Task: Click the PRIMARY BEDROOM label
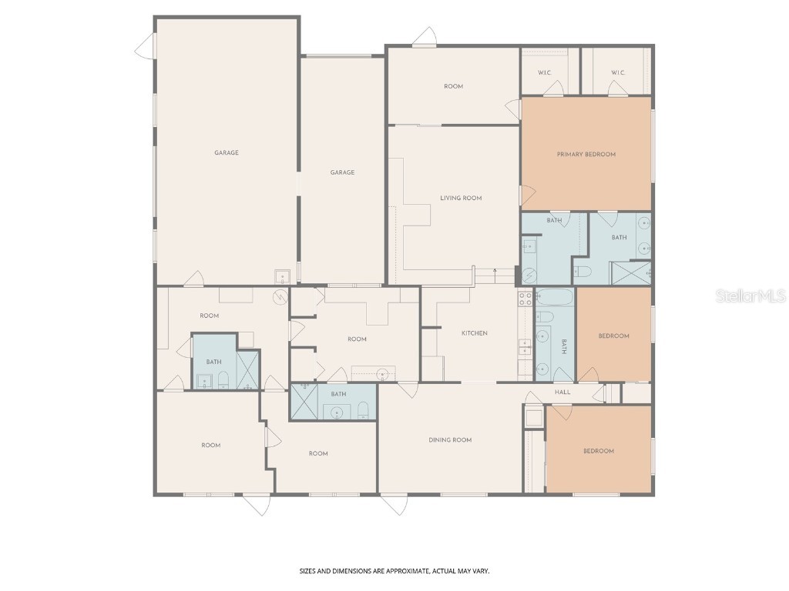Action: [x=586, y=155]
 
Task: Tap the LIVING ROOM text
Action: [x=461, y=199]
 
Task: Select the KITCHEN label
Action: [x=474, y=333]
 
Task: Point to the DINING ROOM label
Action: [x=450, y=440]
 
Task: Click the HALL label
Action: [x=562, y=392]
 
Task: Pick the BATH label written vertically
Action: [x=563, y=346]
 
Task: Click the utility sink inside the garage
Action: [x=283, y=276]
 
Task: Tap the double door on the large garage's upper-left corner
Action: [x=146, y=46]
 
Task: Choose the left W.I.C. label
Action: [x=544, y=73]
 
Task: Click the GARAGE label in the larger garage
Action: [x=226, y=153]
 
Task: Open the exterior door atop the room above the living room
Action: [x=423, y=38]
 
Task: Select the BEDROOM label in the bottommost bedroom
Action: [x=598, y=451]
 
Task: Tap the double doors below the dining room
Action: [x=394, y=505]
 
